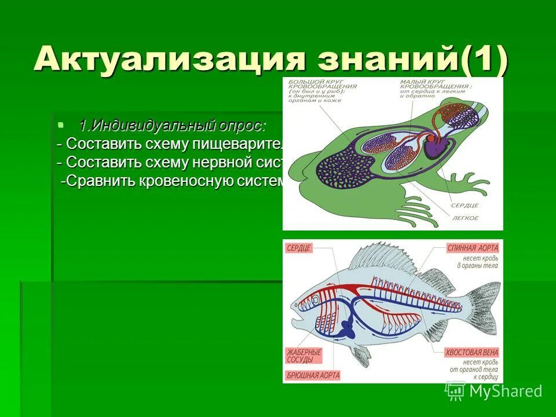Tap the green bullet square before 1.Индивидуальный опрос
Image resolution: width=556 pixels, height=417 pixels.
pyautogui.click(x=61, y=124)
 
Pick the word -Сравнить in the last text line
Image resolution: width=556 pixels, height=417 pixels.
pyautogui.click(x=98, y=181)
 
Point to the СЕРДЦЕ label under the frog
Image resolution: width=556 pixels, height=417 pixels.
pyautogui.click(x=465, y=206)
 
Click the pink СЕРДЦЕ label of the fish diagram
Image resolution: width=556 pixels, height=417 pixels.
pyautogui.click(x=299, y=248)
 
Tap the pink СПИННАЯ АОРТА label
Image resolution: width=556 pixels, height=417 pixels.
pyautogui.click(x=472, y=248)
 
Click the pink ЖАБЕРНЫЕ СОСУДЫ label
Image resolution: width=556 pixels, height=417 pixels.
pyautogui.click(x=303, y=356)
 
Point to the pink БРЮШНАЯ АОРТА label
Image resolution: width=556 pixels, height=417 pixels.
pyautogui.click(x=313, y=375)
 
